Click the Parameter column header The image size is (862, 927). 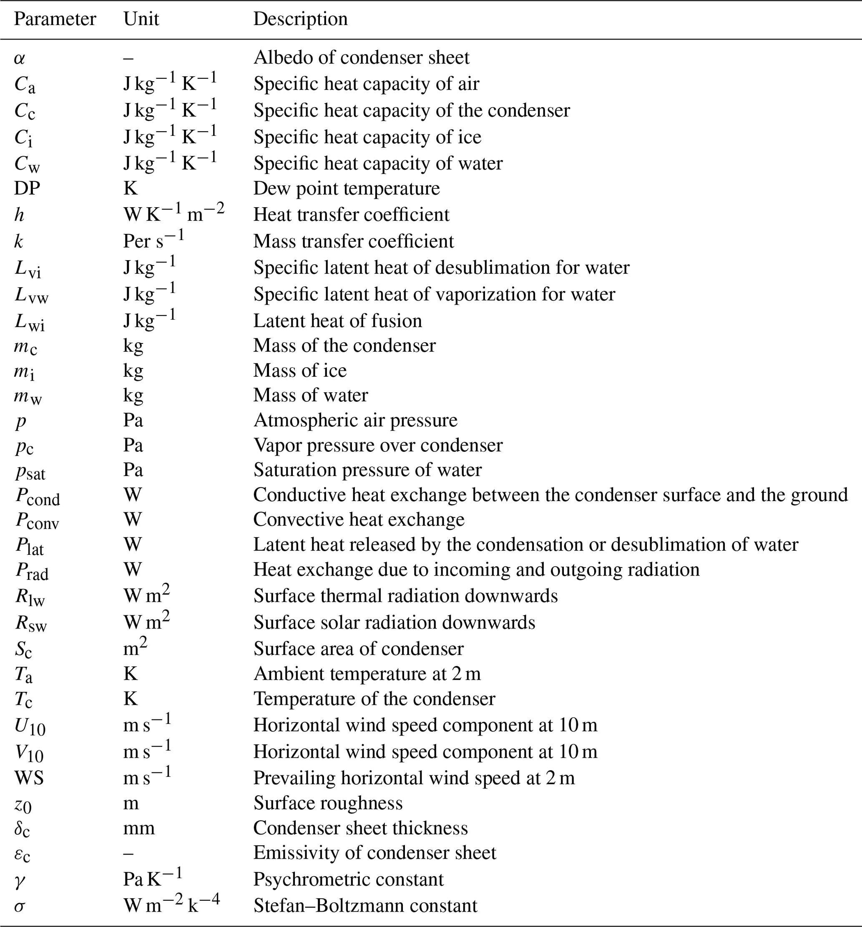click(x=55, y=19)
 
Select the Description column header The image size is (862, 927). click(x=300, y=19)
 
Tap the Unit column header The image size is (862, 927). click(x=141, y=19)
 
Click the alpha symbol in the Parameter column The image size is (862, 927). click(x=19, y=58)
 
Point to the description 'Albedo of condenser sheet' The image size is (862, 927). click(x=361, y=58)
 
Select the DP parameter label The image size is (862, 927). click(x=27, y=188)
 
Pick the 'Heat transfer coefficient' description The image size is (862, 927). click(x=351, y=215)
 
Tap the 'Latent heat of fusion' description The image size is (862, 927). click(x=337, y=321)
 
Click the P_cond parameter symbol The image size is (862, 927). click(x=37, y=496)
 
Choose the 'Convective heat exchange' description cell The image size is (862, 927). click(x=359, y=519)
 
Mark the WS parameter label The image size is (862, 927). click(x=29, y=778)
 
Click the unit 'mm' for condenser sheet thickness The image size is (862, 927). click(x=138, y=828)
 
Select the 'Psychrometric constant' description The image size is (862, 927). click(x=348, y=879)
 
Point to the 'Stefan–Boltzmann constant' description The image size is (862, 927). click(x=365, y=906)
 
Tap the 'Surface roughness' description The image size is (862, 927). click(x=327, y=803)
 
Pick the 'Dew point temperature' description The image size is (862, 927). click(x=346, y=188)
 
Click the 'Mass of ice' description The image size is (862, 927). click(x=299, y=370)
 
